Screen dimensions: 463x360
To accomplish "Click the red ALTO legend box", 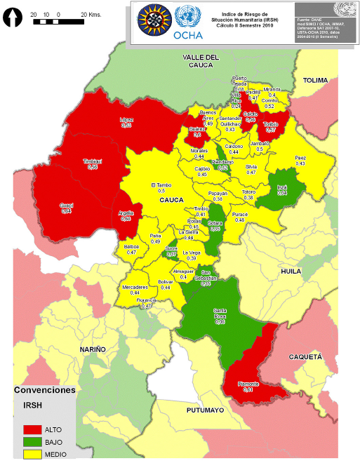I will pyautogui.click(x=31, y=429).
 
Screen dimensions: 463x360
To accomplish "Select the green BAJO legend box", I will pyautogui.click(x=31, y=441).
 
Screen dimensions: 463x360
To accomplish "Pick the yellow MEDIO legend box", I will pyautogui.click(x=31, y=454).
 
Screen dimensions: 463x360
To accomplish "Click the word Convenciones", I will pyautogui.click(x=45, y=390).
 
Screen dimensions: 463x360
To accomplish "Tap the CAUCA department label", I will pyautogui.click(x=171, y=200).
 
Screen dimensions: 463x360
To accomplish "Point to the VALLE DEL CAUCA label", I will pyautogui.click(x=201, y=60).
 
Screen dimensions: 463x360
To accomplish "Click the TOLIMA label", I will pyautogui.click(x=315, y=81).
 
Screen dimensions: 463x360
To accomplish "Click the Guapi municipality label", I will pyautogui.click(x=65, y=205).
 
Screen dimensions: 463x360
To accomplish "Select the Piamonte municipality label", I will pyautogui.click(x=248, y=384).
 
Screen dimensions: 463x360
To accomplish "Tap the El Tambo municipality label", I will pyautogui.click(x=161, y=185).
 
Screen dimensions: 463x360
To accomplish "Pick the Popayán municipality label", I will pyautogui.click(x=218, y=194).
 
